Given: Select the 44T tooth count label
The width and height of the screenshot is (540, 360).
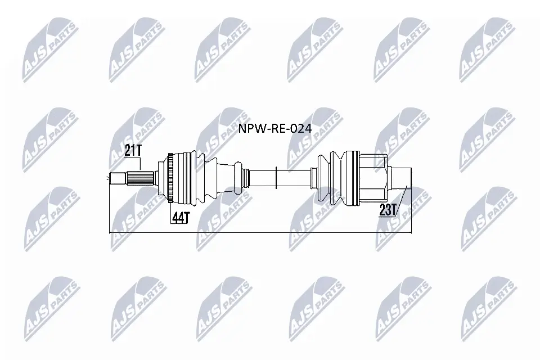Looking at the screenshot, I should point(179,218).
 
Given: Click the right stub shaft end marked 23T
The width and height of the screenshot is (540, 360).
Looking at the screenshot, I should point(400,179).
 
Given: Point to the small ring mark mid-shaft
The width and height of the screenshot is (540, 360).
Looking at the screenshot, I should point(276,178).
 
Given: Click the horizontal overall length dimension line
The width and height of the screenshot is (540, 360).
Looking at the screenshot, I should point(259,232).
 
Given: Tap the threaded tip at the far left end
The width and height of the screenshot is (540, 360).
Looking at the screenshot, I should point(116,179).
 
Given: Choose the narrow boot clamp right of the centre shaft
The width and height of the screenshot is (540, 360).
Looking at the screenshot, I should point(311,178).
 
